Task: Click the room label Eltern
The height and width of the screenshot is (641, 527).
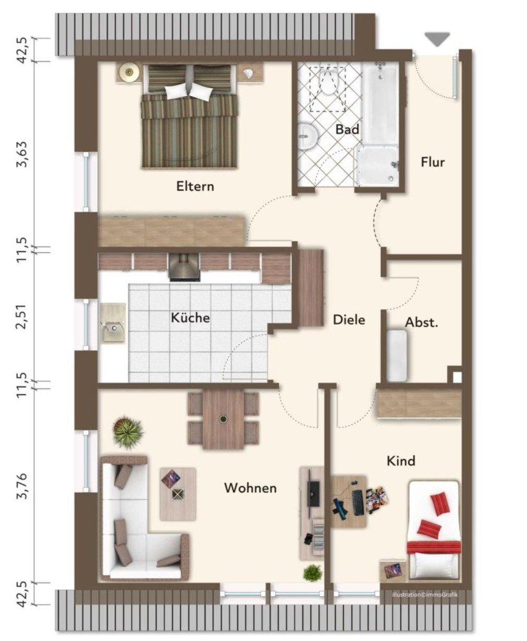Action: click(x=195, y=187)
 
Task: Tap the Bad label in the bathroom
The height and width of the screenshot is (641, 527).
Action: click(x=347, y=129)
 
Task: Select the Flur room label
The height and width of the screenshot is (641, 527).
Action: click(x=432, y=162)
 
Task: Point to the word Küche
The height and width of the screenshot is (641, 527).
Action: click(x=190, y=317)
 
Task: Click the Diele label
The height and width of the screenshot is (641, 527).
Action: click(x=348, y=319)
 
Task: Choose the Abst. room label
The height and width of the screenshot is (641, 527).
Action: click(x=422, y=322)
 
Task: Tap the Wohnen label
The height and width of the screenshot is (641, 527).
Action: click(x=250, y=488)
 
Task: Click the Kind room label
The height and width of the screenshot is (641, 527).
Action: click(x=401, y=461)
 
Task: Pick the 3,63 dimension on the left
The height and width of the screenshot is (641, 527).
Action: click(x=23, y=154)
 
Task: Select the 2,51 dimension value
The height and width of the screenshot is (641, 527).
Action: click(x=23, y=315)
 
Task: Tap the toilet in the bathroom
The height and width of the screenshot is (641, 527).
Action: click(x=328, y=83)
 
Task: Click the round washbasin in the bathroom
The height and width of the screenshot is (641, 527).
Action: click(x=309, y=133)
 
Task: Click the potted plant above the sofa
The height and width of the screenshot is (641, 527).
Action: click(x=128, y=431)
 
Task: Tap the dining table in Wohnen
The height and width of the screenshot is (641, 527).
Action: click(x=223, y=419)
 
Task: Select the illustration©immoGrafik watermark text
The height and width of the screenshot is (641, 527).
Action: click(x=425, y=595)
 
